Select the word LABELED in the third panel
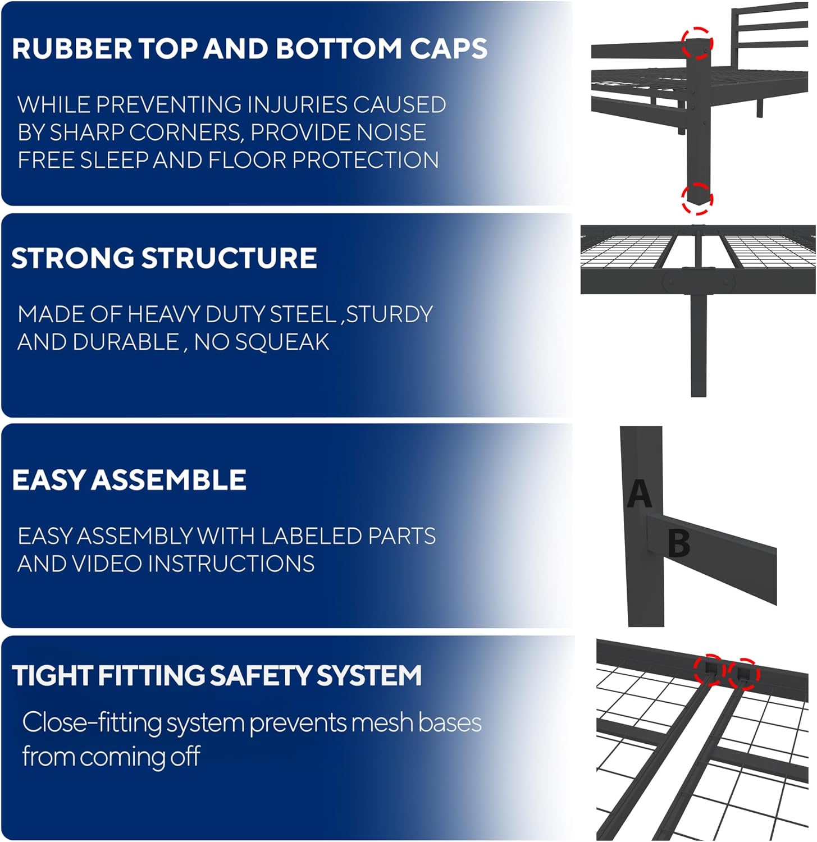click(303, 537)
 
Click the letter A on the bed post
click(639, 494)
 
